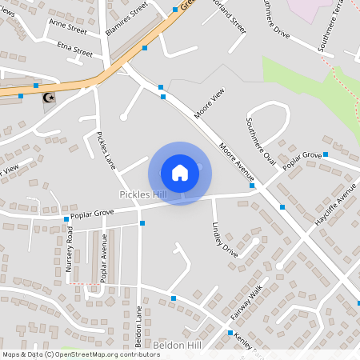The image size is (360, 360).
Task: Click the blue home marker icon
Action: pos(180,173)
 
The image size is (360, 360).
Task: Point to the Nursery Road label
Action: pos(70,250)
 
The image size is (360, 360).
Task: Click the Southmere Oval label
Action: pos(261,142)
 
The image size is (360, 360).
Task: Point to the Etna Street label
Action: pos(74,50)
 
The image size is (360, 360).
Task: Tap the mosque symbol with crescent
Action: pos(49,97)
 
